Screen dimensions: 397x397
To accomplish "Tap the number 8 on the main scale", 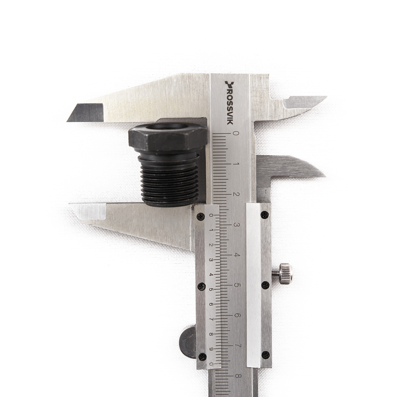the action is (x=237, y=376).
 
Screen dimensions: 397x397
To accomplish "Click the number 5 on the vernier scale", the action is (x=211, y=290).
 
